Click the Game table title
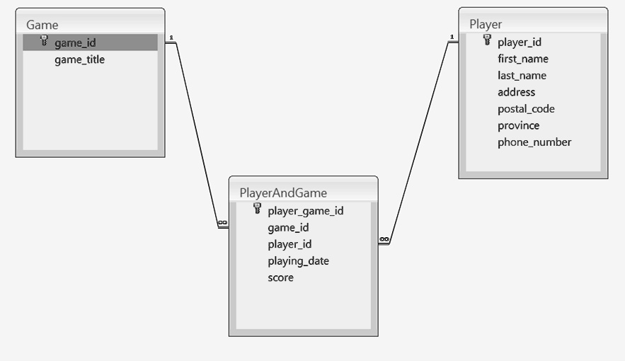tap(42, 25)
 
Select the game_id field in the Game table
tap(75, 42)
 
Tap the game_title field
tap(79, 59)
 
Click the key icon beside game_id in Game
tap(44, 42)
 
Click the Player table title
tap(486, 24)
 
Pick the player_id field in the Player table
tap(520, 42)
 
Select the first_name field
tap(522, 59)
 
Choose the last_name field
tap(522, 75)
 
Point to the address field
tap(516, 92)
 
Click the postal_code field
tap(526, 109)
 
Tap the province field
tap(518, 125)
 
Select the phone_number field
tap(534, 142)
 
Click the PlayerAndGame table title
tap(283, 192)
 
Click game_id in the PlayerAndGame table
tap(288, 227)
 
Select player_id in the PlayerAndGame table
tap(289, 244)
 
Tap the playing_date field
tap(298, 260)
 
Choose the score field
tap(280, 277)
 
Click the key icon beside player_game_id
tap(257, 209)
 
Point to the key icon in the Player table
tap(487, 41)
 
